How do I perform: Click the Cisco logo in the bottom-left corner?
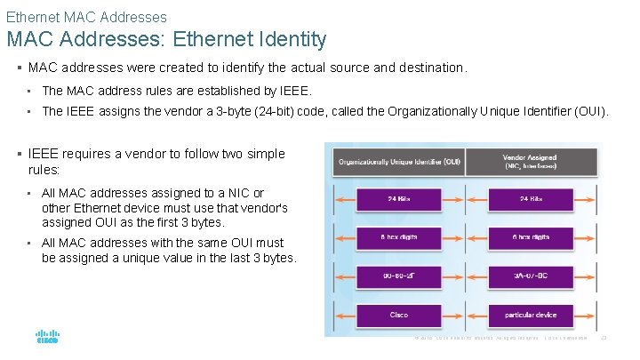pyautogui.click(x=47, y=337)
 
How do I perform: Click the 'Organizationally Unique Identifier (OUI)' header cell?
pyautogui.click(x=397, y=161)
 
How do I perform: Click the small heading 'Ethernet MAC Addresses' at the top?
pyautogui.click(x=85, y=17)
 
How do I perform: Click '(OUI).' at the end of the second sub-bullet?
pyautogui.click(x=590, y=111)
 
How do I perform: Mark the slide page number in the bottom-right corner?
pyautogui.click(x=604, y=339)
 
